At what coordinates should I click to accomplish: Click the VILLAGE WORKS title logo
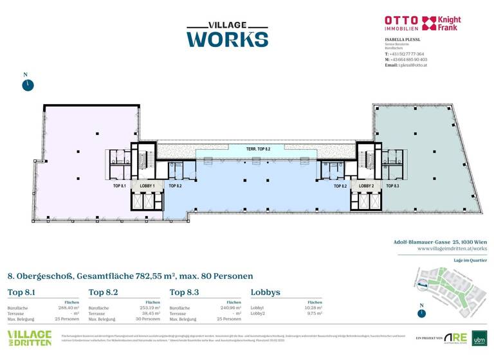pos(227,33)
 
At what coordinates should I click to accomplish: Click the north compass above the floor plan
pos(26,85)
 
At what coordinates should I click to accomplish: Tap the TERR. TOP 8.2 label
pos(258,149)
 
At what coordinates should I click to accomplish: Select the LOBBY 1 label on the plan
pos(148,186)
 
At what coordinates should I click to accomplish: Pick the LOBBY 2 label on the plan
pos(367,186)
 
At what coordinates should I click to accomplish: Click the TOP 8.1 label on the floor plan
pos(119,186)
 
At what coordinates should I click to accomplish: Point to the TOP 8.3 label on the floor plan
pos(392,186)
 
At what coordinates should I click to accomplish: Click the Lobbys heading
pos(265,292)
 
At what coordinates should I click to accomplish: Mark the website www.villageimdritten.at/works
pos(452,248)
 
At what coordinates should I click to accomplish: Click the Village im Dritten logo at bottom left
pos(30,338)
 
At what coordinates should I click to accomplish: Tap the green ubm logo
pos(479,338)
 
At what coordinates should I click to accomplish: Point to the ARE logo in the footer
pos(457,338)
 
